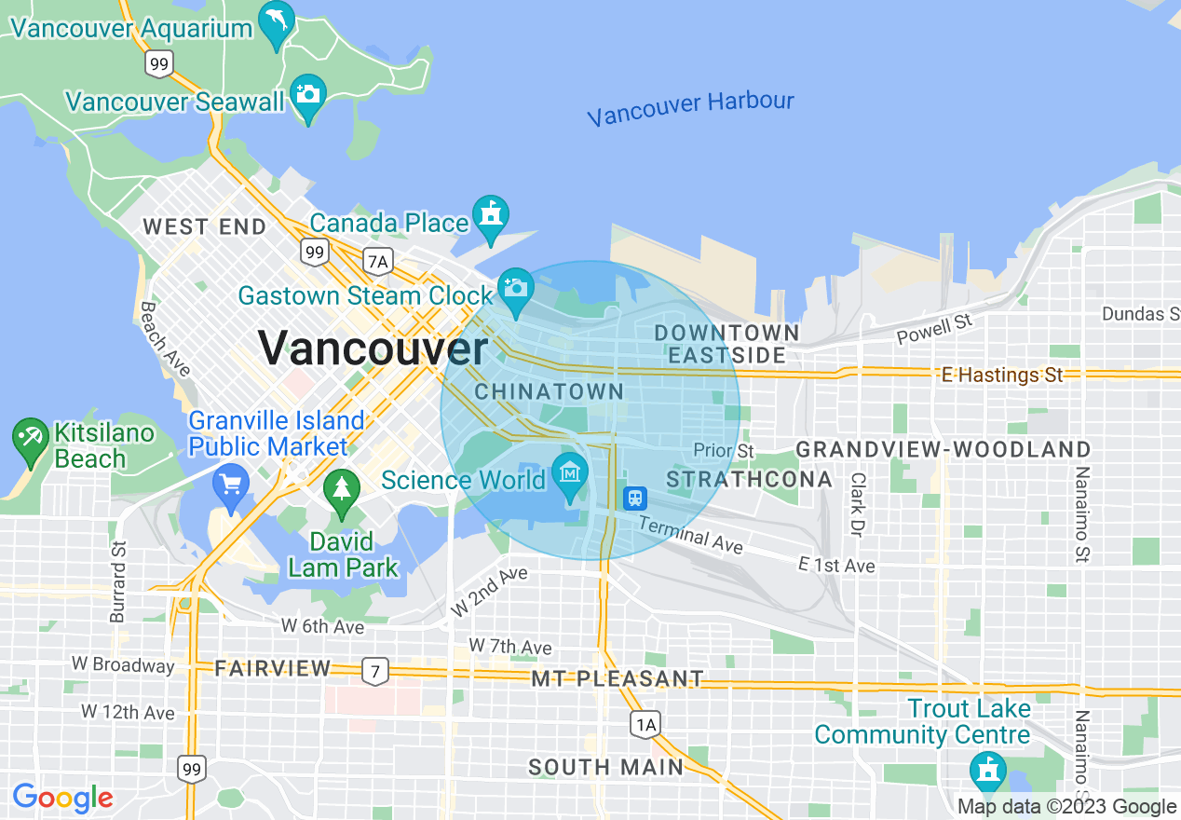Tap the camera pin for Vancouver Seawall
(x=307, y=95)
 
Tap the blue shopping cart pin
(x=231, y=485)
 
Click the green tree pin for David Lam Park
(x=342, y=490)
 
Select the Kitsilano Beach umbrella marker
(x=31, y=439)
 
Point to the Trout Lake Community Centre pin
(x=986, y=772)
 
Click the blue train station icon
(x=635, y=498)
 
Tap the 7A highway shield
(x=377, y=262)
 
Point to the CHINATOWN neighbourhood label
(x=549, y=391)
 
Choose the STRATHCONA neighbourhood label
(x=750, y=479)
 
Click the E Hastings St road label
(x=1002, y=375)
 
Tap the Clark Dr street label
(x=856, y=504)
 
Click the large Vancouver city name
(x=373, y=348)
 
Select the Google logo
(x=62, y=799)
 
